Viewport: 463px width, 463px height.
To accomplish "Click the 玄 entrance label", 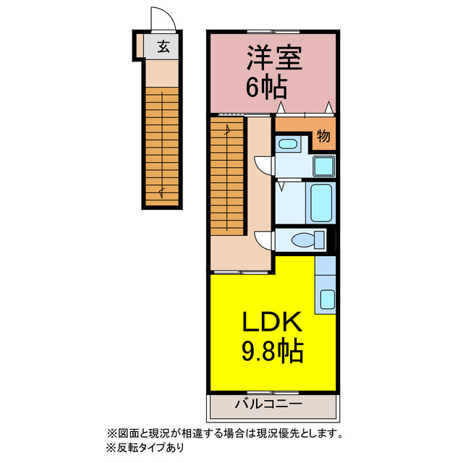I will pyautogui.click(x=163, y=47).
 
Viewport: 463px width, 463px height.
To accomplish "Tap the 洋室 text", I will pyautogui.click(x=273, y=59).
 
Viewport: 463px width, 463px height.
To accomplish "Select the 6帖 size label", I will pyautogui.click(x=268, y=88).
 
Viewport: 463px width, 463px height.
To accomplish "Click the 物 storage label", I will pyautogui.click(x=323, y=135).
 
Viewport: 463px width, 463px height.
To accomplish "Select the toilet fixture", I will pyautogui.click(x=301, y=239).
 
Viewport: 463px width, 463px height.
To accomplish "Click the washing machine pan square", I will pyautogui.click(x=323, y=166).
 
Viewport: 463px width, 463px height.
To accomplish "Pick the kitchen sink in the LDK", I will pyautogui.click(x=326, y=298).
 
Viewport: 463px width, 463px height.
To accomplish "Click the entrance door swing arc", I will pyautogui.click(x=160, y=18).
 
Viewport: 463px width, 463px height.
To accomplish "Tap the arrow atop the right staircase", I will pyautogui.click(x=229, y=130).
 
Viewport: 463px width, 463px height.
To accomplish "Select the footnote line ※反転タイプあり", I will pyautogui.click(x=145, y=447).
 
